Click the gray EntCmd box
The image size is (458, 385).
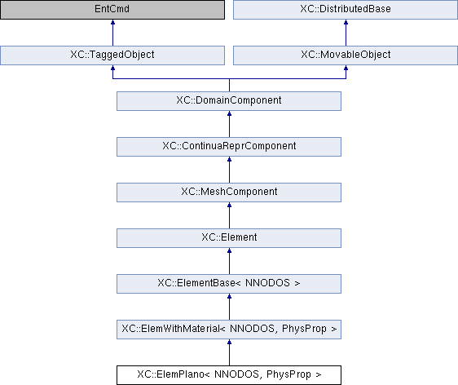pyautogui.click(x=112, y=9)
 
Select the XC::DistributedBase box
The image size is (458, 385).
pyautogui.click(x=346, y=9)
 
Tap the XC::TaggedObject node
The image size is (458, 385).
pyautogui.click(x=112, y=55)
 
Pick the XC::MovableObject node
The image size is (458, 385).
pyautogui.click(x=346, y=55)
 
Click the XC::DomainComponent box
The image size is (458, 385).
pyautogui.click(x=229, y=101)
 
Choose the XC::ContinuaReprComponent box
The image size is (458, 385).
pyautogui.click(x=229, y=147)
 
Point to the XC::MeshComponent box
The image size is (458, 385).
pyautogui.click(x=229, y=192)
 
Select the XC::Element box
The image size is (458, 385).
pyautogui.click(x=229, y=238)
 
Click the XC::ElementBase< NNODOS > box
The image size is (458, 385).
pyautogui.click(x=229, y=284)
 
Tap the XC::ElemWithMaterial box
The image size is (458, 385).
pyautogui.click(x=229, y=330)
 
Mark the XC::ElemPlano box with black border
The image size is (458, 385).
pyautogui.click(x=229, y=375)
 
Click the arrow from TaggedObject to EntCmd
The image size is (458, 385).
pyautogui.click(x=112, y=33)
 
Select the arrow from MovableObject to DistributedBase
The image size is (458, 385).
pyautogui.click(x=346, y=33)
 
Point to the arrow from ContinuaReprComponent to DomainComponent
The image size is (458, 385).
pyautogui.click(x=229, y=124)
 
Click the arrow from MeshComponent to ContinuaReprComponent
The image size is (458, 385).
pyautogui.click(x=229, y=170)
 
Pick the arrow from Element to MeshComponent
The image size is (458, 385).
pyautogui.click(x=229, y=215)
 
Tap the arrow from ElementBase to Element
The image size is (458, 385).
pyautogui.click(x=229, y=261)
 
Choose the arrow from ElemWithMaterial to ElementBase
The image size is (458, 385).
pyautogui.click(x=229, y=307)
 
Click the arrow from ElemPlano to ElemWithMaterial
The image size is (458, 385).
pyautogui.click(x=229, y=352)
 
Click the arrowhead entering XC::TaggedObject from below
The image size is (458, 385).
pyautogui.click(x=112, y=68)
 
